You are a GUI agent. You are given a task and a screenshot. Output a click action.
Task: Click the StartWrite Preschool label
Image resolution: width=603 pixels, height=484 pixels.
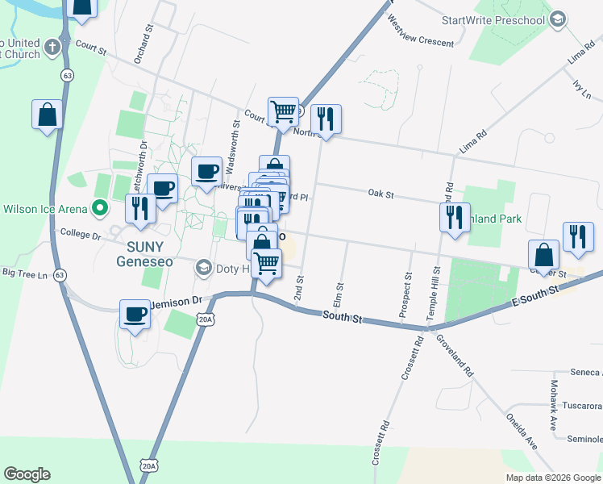coord(493,19)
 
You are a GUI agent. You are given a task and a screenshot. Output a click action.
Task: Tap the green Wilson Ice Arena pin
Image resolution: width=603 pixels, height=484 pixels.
coord(101,209)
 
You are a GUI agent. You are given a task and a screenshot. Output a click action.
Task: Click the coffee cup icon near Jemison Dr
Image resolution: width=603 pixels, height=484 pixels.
coord(135,315)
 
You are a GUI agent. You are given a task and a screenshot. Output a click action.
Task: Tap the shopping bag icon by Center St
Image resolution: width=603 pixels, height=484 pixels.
coord(544,255)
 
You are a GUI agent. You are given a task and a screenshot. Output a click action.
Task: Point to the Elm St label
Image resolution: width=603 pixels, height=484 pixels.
coord(339,294)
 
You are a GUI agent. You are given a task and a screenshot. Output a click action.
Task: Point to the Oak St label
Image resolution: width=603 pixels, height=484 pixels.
coord(381,194)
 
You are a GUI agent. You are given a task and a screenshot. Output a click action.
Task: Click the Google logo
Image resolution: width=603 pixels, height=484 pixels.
coord(27,474)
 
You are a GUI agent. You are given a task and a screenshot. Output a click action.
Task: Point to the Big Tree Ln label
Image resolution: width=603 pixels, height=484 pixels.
coord(26,273)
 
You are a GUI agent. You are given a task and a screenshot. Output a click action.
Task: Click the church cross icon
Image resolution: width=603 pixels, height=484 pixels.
coord(52,47)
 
